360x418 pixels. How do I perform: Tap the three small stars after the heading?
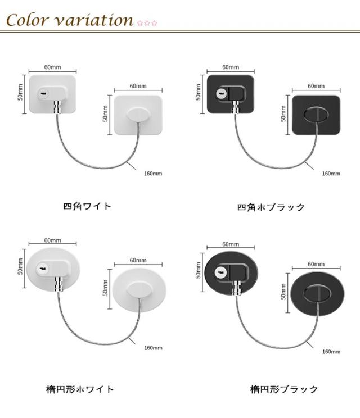coord(147,23)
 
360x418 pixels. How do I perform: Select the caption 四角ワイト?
coord(87,206)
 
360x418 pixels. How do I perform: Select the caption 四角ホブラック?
coord(271,207)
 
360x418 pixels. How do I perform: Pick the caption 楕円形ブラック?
coord(284,389)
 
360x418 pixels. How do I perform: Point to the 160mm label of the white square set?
coord(153,174)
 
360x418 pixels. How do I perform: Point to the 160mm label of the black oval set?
coord(331,352)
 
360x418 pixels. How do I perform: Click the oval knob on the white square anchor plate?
coord(137,115)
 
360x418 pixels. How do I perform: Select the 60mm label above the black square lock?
coord(230,67)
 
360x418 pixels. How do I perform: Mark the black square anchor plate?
coord(314,115)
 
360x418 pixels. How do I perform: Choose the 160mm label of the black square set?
coord(331,174)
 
